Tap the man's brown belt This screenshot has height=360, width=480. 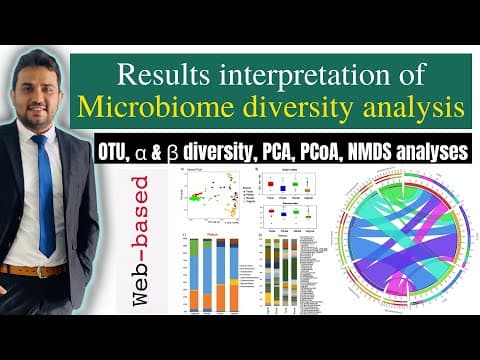35,269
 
